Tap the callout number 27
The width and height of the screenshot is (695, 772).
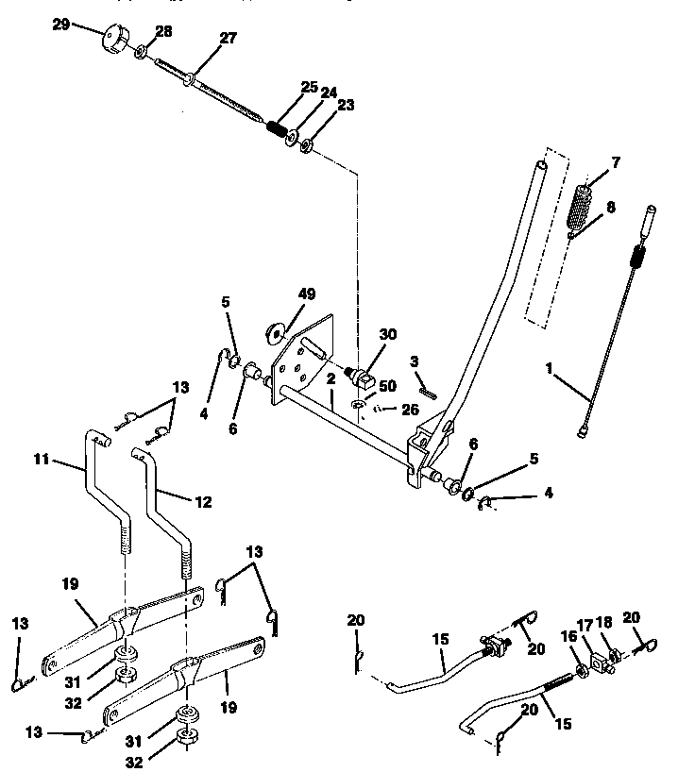pos(229,39)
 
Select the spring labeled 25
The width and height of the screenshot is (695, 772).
pos(279,128)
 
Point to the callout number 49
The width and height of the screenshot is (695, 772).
pos(307,294)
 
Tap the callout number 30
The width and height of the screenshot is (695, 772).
pos(389,335)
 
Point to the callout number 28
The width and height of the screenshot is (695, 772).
pos(163,32)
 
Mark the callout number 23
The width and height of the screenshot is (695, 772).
pos(346,106)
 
